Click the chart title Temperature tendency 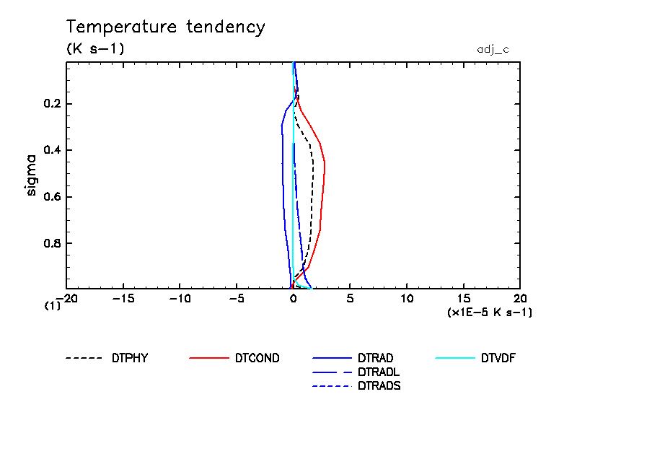(166, 27)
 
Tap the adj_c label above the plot (493, 49)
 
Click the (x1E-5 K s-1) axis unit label (490, 313)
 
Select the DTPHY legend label (130, 358)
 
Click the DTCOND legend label (257, 358)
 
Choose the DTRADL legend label (379, 372)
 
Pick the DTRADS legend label (379, 385)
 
